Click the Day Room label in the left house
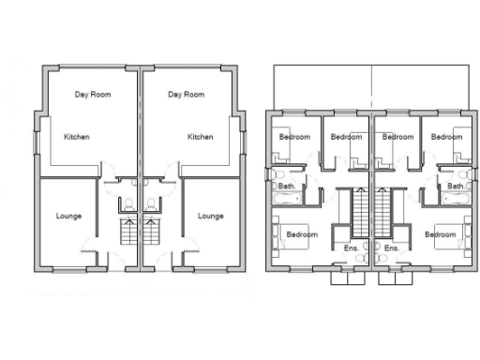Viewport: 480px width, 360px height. [x=94, y=95]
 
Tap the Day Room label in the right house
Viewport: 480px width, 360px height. [x=187, y=95]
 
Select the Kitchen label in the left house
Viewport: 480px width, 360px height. [x=77, y=137]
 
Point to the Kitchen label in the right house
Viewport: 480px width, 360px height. [x=201, y=137]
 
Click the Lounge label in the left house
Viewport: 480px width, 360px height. [x=68, y=216]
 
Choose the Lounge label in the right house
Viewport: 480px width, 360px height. [x=211, y=216]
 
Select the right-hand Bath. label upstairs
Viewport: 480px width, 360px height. [x=456, y=187]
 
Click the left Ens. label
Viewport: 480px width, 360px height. [x=352, y=247]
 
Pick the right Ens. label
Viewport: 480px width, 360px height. [x=392, y=247]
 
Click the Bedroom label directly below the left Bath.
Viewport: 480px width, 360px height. [x=302, y=233]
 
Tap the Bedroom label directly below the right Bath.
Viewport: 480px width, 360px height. [x=438, y=233]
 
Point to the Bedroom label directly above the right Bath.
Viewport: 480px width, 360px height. [x=446, y=137]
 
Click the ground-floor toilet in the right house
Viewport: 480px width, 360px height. [x=151, y=204]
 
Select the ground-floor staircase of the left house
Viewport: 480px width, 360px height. [x=128, y=230]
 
